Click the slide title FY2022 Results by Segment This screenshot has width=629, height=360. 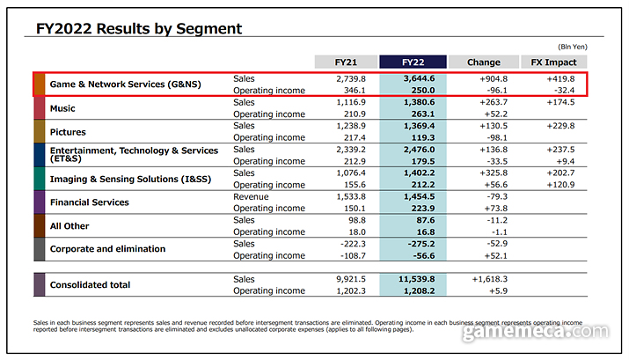tap(138, 28)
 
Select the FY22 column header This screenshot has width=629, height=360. tap(413, 62)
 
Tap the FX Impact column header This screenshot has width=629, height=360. tap(554, 62)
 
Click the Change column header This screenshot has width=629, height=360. tap(483, 62)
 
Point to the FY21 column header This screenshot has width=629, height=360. tap(344, 62)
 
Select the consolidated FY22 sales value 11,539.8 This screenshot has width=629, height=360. tap(417, 278)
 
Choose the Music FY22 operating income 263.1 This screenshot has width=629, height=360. tap(422, 114)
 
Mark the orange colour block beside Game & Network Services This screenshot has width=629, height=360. tap(39, 84)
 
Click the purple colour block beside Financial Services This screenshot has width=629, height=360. tap(39, 202)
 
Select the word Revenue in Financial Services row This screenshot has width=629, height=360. tap(251, 195)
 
